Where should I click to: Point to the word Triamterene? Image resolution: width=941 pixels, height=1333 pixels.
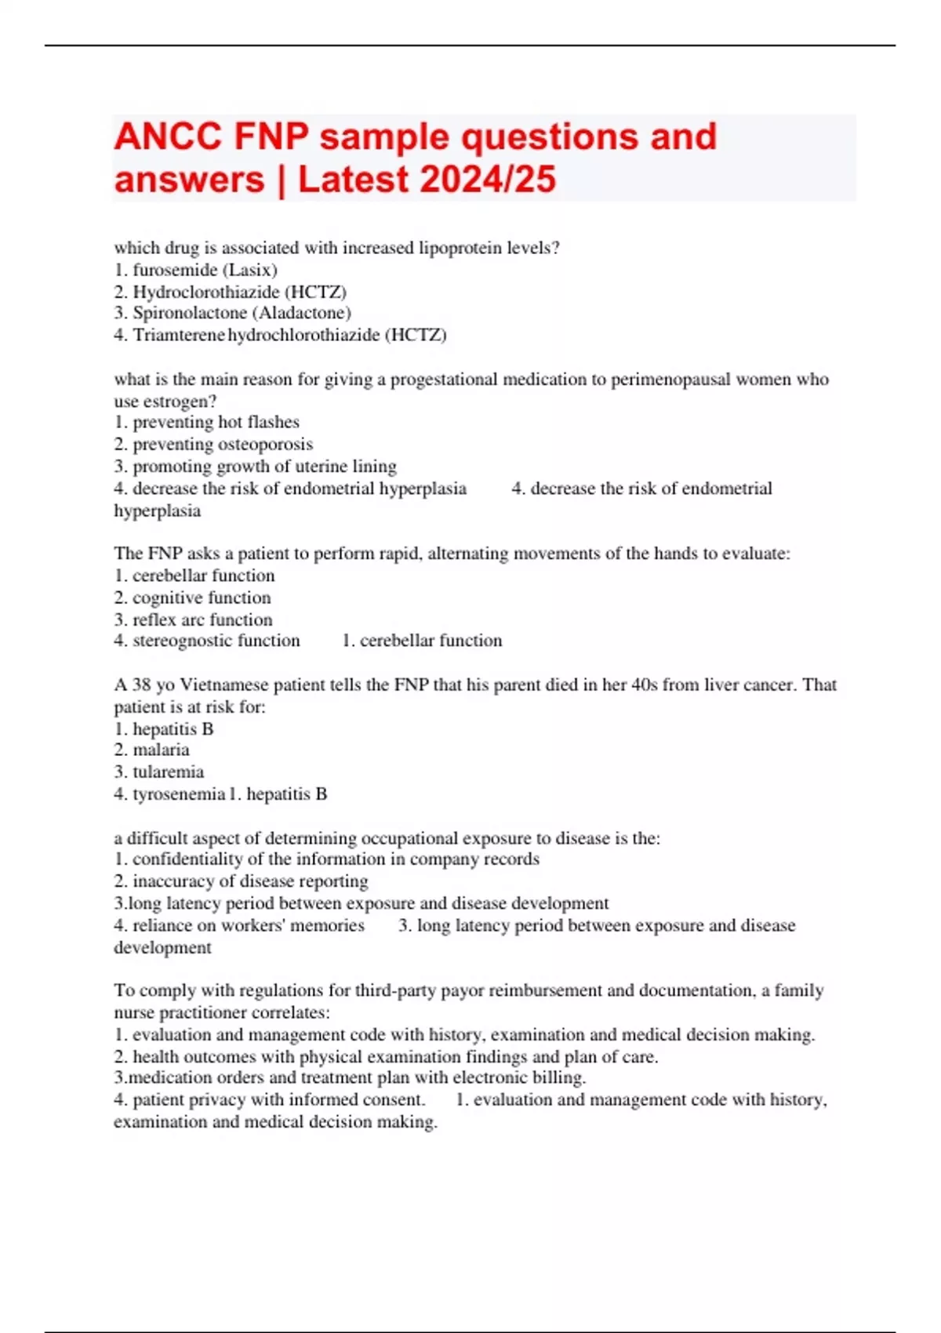tap(179, 335)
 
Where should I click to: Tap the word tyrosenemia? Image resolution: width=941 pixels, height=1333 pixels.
tap(179, 794)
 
